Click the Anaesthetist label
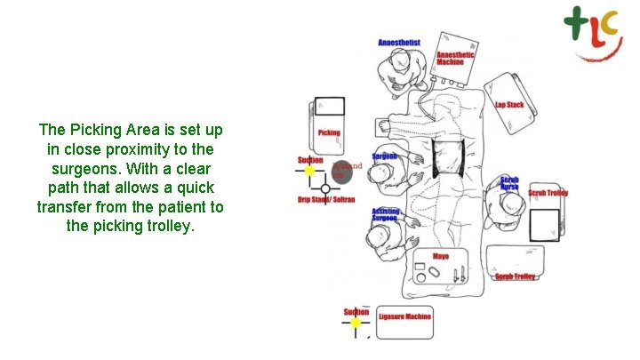point(399,43)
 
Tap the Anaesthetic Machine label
point(456,59)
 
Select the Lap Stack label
point(509,106)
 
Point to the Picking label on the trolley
point(329,133)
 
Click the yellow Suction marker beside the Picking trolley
point(309,171)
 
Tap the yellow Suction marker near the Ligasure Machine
point(356,324)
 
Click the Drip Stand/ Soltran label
point(326,200)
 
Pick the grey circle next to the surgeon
point(343,171)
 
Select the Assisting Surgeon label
point(385,214)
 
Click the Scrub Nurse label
point(509,183)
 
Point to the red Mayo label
point(441,257)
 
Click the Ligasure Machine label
point(404,316)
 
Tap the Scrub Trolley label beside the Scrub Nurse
point(548,193)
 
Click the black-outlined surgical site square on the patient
point(451,159)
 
